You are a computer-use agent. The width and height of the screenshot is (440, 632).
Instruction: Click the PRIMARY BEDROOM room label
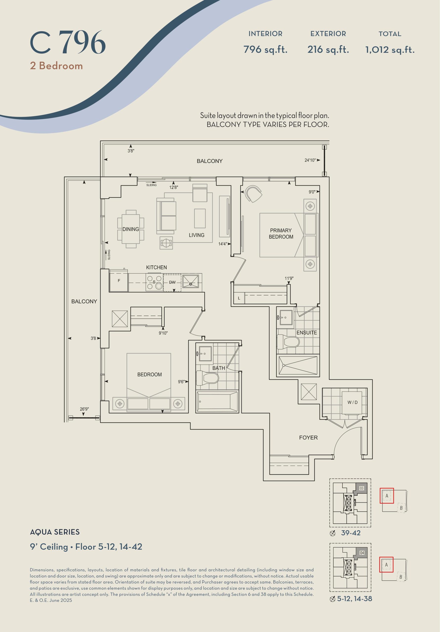[x=281, y=234]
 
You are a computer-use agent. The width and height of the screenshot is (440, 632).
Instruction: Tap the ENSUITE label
[x=306, y=333]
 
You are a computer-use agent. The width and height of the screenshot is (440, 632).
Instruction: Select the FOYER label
[x=308, y=437]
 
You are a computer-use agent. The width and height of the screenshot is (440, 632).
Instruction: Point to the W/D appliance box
[x=352, y=402]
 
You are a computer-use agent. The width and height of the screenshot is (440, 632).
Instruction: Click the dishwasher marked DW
[x=172, y=282]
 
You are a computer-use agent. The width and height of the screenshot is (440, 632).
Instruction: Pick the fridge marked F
[x=119, y=281]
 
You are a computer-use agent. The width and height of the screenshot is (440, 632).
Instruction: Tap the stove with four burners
[x=154, y=282]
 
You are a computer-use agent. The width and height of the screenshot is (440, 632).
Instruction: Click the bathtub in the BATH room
[x=217, y=402]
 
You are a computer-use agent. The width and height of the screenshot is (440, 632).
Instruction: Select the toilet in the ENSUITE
[x=288, y=341]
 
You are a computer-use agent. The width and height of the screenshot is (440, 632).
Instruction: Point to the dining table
[x=131, y=229]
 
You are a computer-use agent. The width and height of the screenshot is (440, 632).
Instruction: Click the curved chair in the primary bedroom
[x=253, y=194]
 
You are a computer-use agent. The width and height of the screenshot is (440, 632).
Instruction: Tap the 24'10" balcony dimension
[x=310, y=160]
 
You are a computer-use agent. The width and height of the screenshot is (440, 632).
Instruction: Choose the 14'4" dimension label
[x=222, y=244]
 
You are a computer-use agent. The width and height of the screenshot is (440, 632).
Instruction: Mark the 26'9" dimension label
[x=84, y=409]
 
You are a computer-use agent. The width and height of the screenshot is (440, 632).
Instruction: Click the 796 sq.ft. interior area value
[x=265, y=50]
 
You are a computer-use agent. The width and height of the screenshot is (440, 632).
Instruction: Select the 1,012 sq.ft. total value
[x=390, y=50]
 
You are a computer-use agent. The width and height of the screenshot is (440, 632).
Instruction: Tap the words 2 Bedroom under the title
[x=57, y=66]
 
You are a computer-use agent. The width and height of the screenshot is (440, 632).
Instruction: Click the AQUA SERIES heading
[x=55, y=532]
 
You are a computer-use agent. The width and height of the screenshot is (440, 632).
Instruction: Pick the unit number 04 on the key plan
[x=362, y=553]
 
